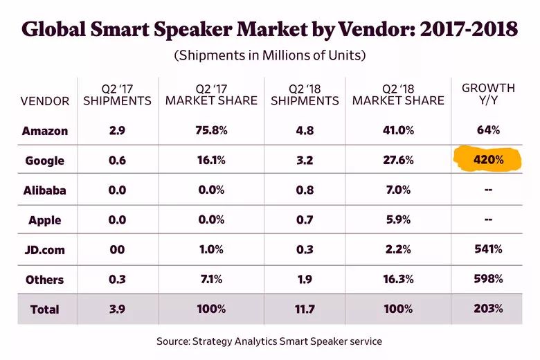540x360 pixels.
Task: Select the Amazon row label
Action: click(x=45, y=130)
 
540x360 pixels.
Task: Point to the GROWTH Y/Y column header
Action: click(x=489, y=94)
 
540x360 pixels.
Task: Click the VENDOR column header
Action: click(x=45, y=101)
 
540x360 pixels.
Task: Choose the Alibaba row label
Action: click(x=45, y=190)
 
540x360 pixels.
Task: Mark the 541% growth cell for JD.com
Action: click(x=489, y=249)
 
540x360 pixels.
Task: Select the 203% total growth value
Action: click(x=489, y=309)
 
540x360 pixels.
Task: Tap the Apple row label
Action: click(x=45, y=220)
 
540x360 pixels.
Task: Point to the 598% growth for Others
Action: click(x=489, y=279)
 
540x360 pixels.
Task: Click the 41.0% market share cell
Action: click(x=397, y=130)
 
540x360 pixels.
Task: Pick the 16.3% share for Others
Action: click(x=397, y=279)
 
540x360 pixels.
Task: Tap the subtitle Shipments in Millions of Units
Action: click(x=270, y=55)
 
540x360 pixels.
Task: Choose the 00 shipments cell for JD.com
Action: click(x=117, y=249)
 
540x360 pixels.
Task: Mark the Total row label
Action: click(x=45, y=309)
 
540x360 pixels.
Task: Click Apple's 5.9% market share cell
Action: click(x=397, y=220)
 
